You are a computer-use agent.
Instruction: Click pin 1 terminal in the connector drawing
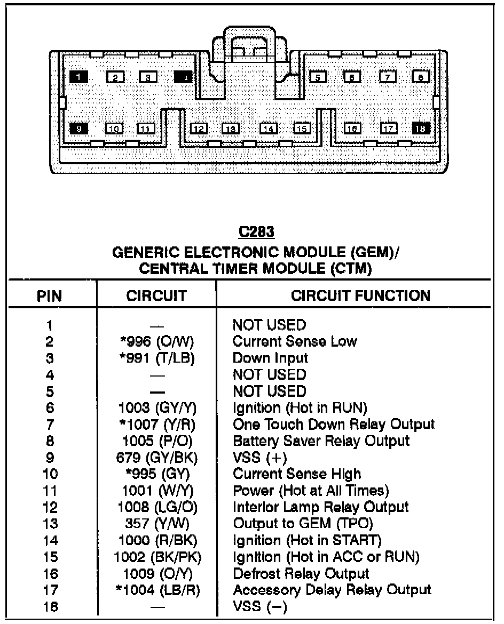78,77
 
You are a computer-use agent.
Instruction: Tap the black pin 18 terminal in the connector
421,129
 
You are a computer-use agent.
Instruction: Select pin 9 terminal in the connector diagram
78,128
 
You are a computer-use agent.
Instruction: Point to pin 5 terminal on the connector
318,77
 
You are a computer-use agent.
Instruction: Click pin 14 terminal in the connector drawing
269,129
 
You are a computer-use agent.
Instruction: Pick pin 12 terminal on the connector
199,129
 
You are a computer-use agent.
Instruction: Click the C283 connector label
256,233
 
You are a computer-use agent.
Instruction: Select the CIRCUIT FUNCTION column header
360,295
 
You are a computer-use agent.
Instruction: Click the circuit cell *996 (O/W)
157,341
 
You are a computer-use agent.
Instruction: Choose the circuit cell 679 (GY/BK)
157,458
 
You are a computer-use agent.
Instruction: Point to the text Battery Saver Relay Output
321,441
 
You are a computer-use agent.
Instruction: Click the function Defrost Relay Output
301,574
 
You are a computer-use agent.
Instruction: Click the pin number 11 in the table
49,491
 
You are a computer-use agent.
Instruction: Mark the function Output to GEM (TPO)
303,524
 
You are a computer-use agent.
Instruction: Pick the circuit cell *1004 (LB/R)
157,590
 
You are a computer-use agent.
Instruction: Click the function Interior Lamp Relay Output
321,507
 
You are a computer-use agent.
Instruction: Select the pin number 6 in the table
49,409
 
